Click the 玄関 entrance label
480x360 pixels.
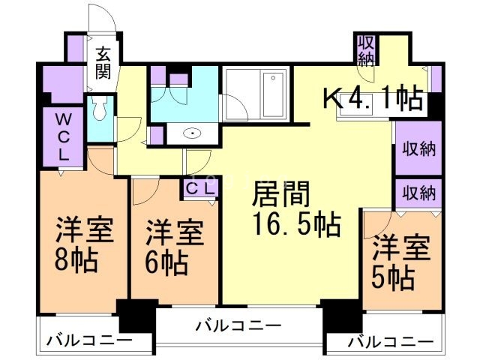point(103,64)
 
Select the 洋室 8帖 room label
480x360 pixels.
point(83,246)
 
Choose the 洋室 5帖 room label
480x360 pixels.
point(401,263)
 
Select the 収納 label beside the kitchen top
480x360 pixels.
point(366,50)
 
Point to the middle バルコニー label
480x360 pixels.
point(238,326)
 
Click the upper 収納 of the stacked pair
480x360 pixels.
point(417,148)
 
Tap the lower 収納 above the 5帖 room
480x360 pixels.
point(417,193)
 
